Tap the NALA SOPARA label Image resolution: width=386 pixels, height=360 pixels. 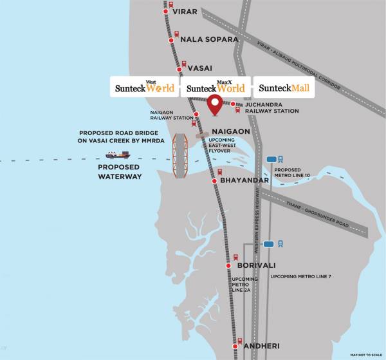(x=209, y=39)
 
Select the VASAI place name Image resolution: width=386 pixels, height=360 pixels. (x=199, y=68)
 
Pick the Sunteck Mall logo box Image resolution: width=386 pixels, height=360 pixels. (x=284, y=86)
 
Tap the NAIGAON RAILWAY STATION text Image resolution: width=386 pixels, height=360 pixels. (x=172, y=115)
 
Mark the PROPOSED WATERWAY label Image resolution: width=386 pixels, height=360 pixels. (x=120, y=171)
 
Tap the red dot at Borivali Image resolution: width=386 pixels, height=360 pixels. (x=228, y=265)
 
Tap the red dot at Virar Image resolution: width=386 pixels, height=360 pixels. (x=165, y=12)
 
